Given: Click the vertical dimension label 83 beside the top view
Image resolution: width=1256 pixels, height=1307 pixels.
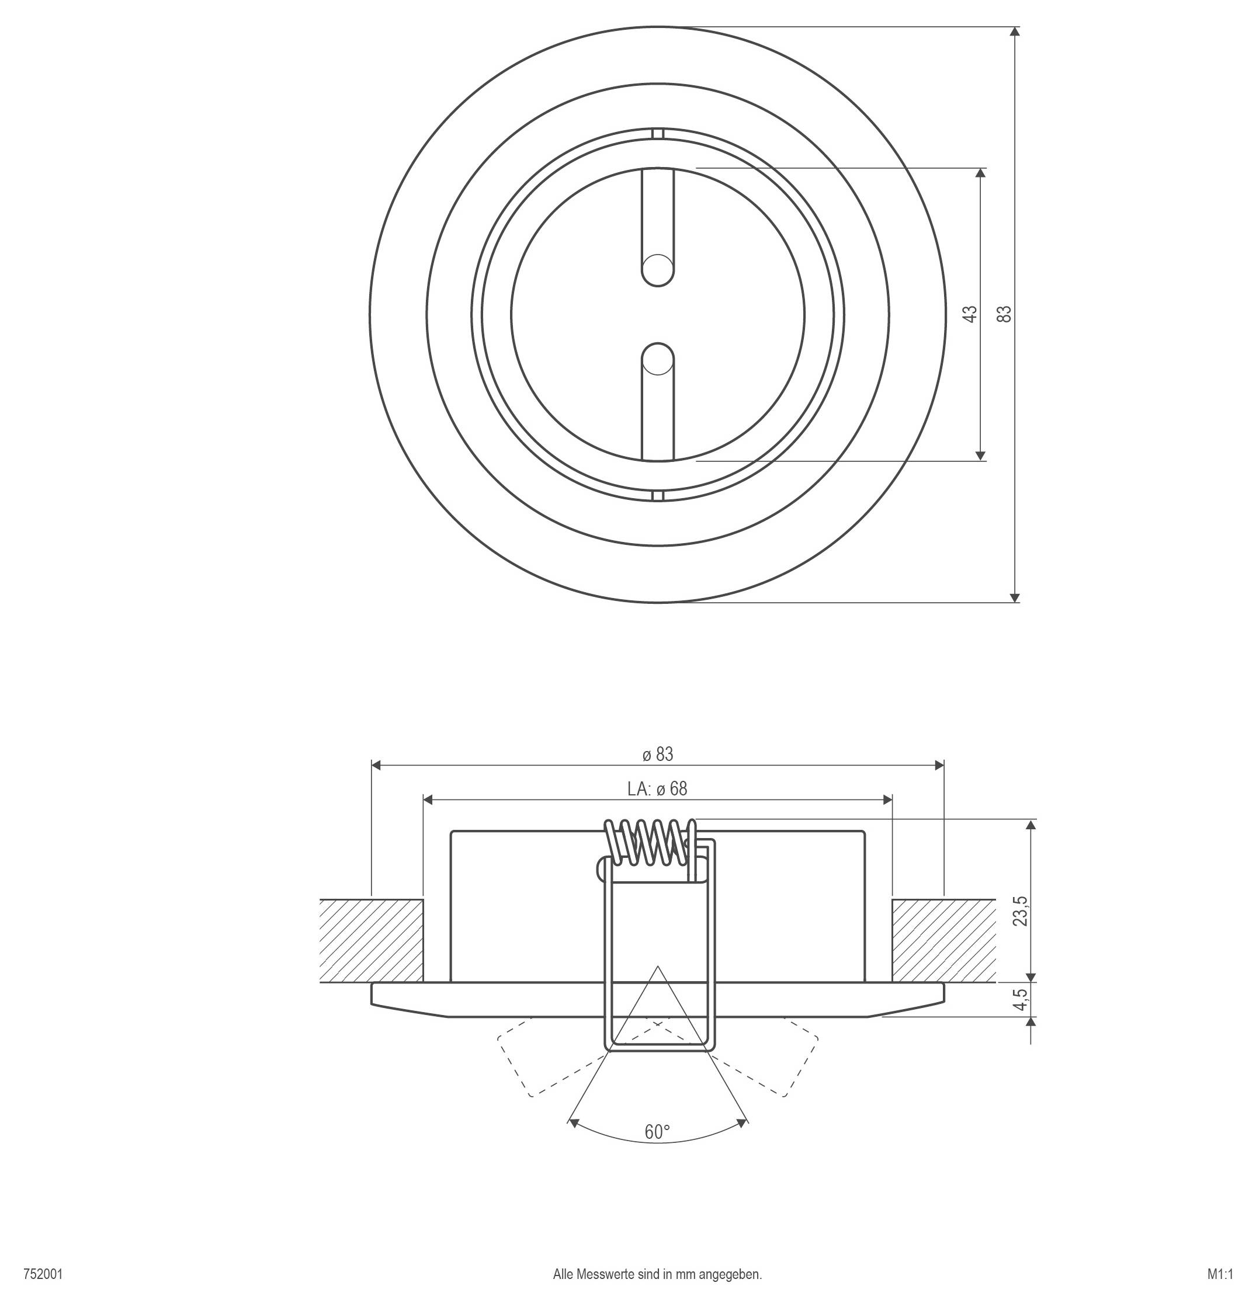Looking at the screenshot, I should (1005, 314).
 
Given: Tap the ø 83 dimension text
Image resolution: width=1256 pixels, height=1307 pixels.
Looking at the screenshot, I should (658, 754).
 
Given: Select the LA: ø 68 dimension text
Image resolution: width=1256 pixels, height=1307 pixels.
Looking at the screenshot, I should (657, 789).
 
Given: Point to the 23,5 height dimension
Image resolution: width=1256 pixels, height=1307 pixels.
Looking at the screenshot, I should (1021, 911).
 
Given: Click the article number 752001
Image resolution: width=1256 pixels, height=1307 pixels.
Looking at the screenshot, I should (43, 1274).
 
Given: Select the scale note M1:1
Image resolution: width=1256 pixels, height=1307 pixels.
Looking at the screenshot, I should (1220, 1274).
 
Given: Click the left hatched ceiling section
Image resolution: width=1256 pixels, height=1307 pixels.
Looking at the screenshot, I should (372, 940).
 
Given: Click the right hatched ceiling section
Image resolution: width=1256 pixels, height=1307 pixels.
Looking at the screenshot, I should (944, 940).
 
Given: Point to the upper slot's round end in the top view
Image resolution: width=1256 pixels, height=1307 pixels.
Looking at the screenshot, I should (658, 270).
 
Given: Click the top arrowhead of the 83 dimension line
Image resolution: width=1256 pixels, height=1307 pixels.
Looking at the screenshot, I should (1015, 32).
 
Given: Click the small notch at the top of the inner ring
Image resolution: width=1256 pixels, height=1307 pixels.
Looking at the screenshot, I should (658, 133).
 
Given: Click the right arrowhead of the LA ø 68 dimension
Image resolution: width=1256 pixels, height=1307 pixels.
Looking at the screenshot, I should (887, 800).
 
